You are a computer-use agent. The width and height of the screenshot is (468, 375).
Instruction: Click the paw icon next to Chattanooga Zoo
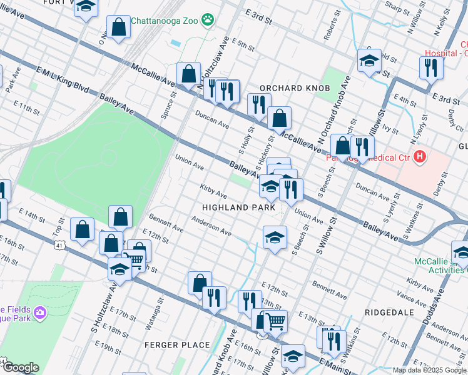(208, 21)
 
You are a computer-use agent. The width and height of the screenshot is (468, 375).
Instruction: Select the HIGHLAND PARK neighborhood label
(238, 206)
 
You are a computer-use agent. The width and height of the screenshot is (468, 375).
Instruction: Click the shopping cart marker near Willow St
(275, 321)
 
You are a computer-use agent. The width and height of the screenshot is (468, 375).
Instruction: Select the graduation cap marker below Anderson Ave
(275, 237)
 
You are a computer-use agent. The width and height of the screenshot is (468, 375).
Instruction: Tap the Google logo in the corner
(20, 367)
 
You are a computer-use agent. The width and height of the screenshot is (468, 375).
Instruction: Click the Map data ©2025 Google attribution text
(429, 370)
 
